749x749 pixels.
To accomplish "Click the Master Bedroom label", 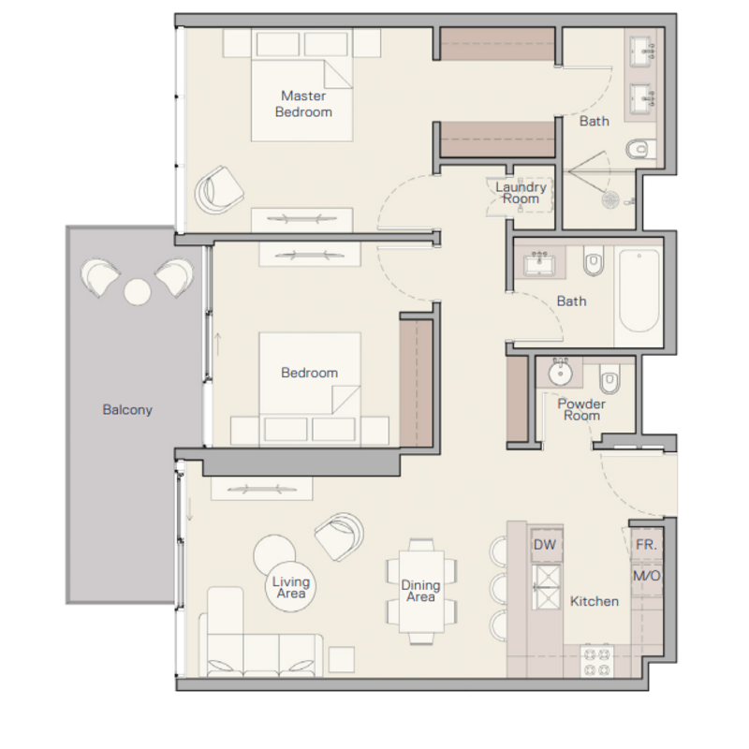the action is click(303, 104).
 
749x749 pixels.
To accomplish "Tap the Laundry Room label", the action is click(521, 193).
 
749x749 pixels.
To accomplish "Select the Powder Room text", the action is click(581, 410).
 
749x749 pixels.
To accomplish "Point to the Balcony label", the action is click(127, 410).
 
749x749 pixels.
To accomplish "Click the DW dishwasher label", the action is click(545, 545).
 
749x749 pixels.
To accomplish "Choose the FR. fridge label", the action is click(646, 545).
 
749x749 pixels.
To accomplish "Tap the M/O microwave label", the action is click(647, 576).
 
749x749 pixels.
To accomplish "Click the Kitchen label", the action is click(595, 601).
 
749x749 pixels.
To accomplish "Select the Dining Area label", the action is click(420, 591).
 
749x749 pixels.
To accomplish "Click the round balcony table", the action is click(138, 291).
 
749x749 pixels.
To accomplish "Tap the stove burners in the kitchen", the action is click(596, 661).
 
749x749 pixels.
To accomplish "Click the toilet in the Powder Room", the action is click(609, 379).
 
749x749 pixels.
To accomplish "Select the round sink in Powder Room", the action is click(560, 372).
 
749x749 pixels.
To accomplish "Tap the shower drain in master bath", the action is click(610, 199).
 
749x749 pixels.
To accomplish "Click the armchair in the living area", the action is click(339, 536).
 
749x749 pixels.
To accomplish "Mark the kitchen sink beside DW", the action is click(547, 587).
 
